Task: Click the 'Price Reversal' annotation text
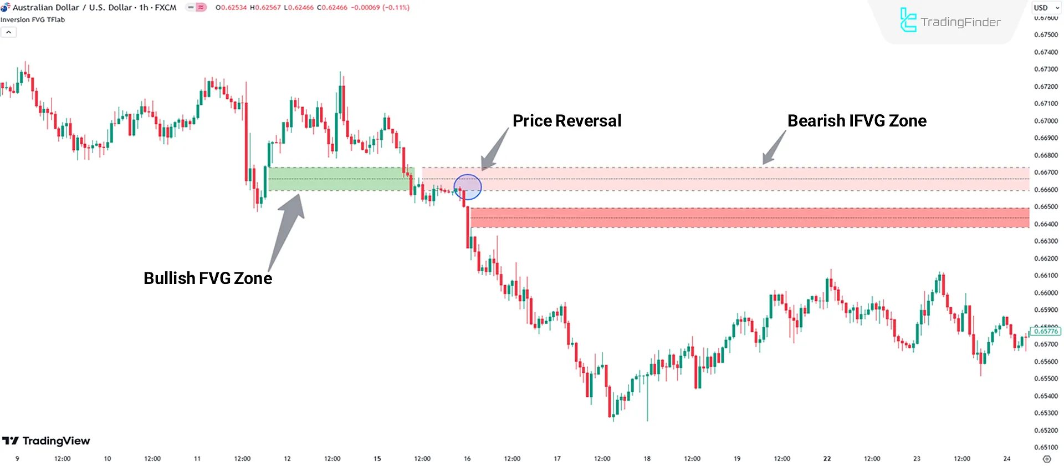(566, 121)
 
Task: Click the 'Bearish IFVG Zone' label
(856, 121)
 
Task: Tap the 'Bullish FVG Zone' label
(208, 278)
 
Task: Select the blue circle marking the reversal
(468, 187)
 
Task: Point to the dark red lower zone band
(748, 217)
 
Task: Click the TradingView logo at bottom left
(47, 441)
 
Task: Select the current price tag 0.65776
(1045, 331)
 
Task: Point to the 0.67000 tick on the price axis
(1046, 121)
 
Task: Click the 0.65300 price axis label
(1046, 413)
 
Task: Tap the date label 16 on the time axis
(467, 459)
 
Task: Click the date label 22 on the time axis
(827, 459)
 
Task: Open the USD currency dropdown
(1046, 8)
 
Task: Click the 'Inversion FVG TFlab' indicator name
(33, 20)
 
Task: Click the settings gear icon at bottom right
(1046, 459)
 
